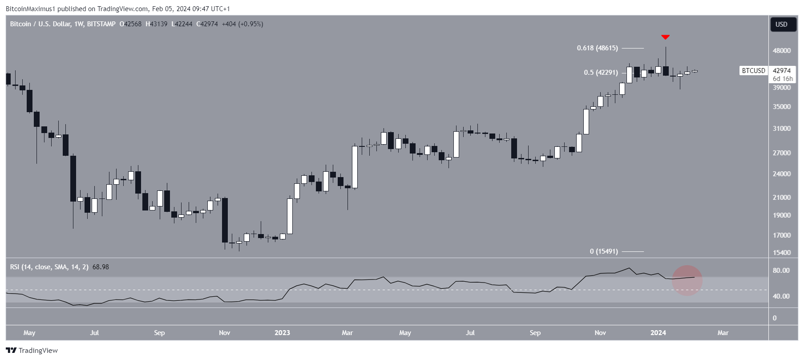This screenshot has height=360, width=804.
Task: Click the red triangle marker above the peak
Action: tap(665, 37)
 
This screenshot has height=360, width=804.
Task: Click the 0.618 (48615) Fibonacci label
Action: tap(597, 48)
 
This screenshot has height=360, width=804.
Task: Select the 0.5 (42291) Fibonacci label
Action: tap(601, 73)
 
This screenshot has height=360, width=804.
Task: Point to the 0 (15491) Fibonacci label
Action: tap(603, 251)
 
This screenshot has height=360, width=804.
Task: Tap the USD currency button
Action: tap(781, 24)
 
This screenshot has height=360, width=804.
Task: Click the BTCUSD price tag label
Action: tap(753, 71)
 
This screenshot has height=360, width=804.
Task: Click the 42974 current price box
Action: tap(782, 71)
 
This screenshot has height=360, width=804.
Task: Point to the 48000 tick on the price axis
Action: tap(781, 51)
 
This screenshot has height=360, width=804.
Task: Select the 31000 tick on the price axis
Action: tap(781, 129)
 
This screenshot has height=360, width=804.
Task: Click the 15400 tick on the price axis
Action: tap(781, 253)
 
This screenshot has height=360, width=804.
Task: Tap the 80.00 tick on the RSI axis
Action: tap(781, 271)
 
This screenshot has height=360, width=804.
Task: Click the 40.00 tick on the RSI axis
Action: tap(781, 296)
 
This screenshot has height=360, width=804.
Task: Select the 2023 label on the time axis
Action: tap(282, 333)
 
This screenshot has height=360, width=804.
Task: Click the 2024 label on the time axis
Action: tap(658, 333)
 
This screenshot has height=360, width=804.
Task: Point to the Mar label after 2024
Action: tap(723, 333)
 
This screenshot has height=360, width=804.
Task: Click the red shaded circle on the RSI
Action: tap(687, 280)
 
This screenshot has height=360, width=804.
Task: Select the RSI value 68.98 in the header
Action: tap(101, 267)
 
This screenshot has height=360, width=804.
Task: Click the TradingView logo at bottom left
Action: tap(32, 351)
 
